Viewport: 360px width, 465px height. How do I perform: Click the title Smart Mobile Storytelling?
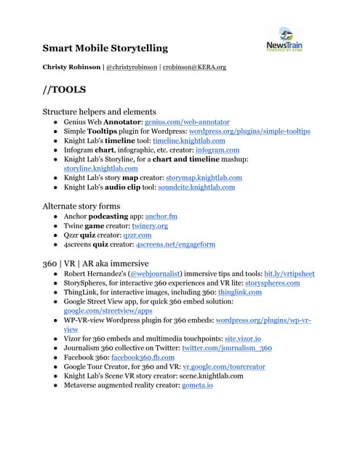pos(105,49)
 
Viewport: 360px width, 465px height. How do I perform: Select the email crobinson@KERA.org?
pos(194,67)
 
